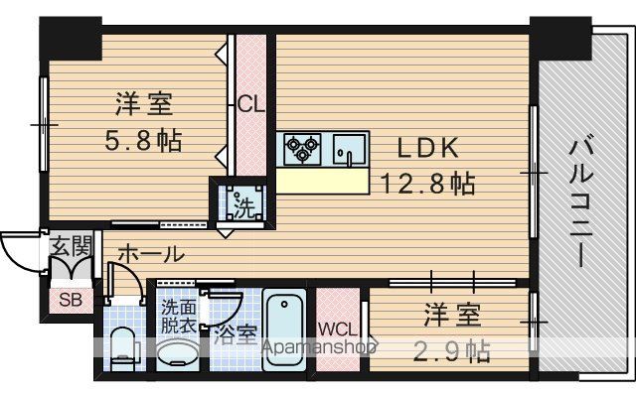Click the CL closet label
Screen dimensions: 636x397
click(x=250, y=104)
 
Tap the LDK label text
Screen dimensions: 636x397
click(x=428, y=148)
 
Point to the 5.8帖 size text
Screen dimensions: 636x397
click(x=143, y=140)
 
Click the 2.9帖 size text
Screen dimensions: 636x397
click(x=452, y=350)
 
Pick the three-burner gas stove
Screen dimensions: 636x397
click(x=302, y=149)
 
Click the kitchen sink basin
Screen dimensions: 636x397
click(x=349, y=150)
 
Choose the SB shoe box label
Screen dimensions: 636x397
click(x=71, y=300)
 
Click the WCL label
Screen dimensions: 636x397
click(x=338, y=329)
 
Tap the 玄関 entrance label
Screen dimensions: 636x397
click(x=72, y=245)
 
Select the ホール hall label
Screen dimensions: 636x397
click(x=151, y=254)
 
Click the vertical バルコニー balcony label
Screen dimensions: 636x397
click(x=581, y=203)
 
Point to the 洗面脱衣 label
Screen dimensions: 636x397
click(x=179, y=317)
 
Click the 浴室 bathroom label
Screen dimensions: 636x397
click(x=236, y=335)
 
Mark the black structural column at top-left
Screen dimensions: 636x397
click(x=71, y=39)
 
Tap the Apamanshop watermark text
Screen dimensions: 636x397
click(x=320, y=346)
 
